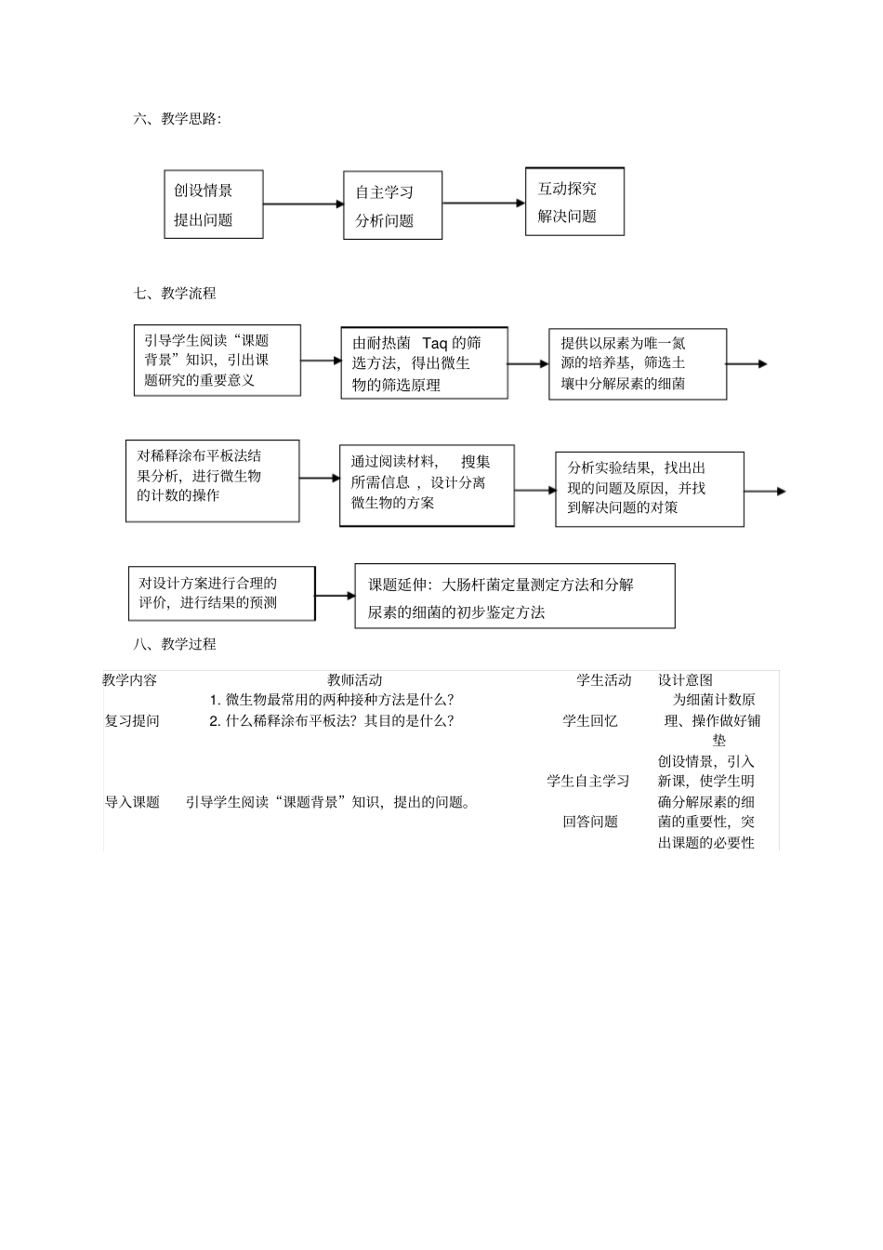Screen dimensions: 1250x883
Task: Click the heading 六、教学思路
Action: pyautogui.click(x=178, y=118)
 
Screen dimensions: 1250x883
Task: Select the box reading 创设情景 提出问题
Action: pyautogui.click(x=214, y=204)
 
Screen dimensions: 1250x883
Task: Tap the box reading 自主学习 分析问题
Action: pyautogui.click(x=392, y=205)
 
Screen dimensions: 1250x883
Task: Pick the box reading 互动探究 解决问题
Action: pyautogui.click(x=574, y=202)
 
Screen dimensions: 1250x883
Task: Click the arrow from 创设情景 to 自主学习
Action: pyautogui.click(x=303, y=204)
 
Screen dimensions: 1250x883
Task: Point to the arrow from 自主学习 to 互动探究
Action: pyautogui.click(x=483, y=203)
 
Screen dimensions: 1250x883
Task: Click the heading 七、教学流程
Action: pyautogui.click(x=175, y=293)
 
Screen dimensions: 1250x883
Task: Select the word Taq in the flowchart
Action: pyautogui.click(x=434, y=343)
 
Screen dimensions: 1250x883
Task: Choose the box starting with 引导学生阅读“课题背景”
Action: pyautogui.click(x=217, y=360)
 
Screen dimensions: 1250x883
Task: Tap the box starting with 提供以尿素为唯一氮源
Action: pyautogui.click(x=637, y=363)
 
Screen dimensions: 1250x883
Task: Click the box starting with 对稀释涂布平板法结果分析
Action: pyautogui.click(x=213, y=480)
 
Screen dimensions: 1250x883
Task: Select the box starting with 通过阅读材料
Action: pyautogui.click(x=426, y=485)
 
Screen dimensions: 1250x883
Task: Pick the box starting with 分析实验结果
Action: pyautogui.click(x=649, y=489)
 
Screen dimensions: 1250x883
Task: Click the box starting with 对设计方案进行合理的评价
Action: pyautogui.click(x=221, y=593)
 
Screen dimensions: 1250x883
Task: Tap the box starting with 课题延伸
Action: pyautogui.click(x=514, y=596)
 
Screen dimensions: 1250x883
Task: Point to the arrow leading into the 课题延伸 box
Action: pyautogui.click(x=335, y=595)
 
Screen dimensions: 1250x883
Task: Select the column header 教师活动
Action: pyautogui.click(x=354, y=680)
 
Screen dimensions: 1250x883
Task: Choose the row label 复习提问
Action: pyautogui.click(x=132, y=720)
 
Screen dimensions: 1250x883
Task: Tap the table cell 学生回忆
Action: pyautogui.click(x=590, y=720)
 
